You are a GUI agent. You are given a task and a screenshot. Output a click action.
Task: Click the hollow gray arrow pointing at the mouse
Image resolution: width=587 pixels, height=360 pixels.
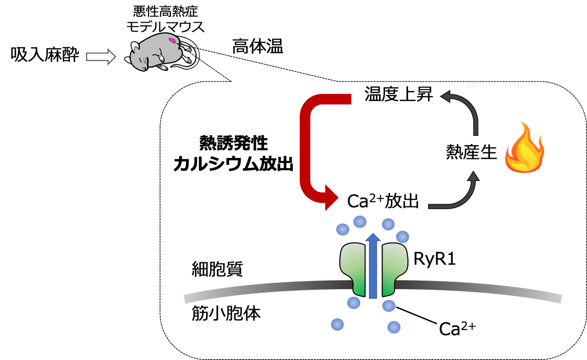(101, 56)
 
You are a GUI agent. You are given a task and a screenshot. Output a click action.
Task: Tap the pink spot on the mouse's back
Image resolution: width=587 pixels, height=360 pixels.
(172, 40)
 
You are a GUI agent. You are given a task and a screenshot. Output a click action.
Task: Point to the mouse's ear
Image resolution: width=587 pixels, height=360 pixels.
(136, 46)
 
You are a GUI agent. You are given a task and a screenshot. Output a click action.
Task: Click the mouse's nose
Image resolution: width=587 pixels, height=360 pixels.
(144, 68)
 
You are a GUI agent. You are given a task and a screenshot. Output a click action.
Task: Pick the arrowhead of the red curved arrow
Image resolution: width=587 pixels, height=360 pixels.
(331, 198)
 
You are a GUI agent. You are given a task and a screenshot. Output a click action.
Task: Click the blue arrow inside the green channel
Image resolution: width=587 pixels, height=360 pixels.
(373, 266)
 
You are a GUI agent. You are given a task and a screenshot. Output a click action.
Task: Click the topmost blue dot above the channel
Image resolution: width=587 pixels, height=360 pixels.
(360, 221)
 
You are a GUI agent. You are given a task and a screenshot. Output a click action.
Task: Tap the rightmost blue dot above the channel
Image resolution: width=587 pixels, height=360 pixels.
(403, 237)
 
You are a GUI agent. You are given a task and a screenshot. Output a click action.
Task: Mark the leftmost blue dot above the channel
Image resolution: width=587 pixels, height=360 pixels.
(343, 229)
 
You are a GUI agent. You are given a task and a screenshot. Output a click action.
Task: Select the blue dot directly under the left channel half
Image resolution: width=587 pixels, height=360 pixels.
(354, 303)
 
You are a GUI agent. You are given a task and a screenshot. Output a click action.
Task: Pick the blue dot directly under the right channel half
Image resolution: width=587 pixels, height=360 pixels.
(389, 306)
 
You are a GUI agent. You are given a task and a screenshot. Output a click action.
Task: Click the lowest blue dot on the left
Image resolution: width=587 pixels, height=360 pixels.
(337, 324)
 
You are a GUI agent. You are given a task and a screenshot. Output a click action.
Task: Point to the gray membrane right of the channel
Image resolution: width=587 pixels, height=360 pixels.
(479, 289)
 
